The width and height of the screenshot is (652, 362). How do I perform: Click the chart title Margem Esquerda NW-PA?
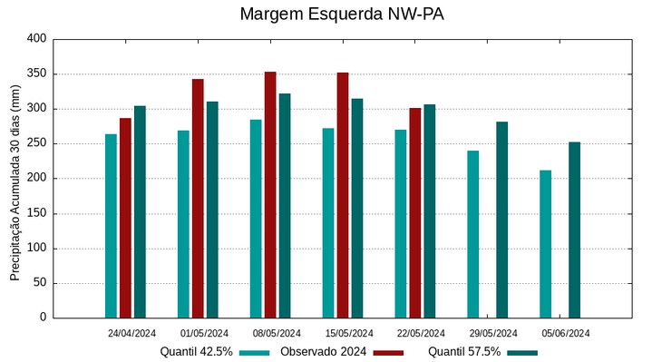pyautogui.click(x=342, y=15)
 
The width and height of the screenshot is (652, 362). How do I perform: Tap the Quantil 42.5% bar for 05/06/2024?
pyautogui.click(x=545, y=244)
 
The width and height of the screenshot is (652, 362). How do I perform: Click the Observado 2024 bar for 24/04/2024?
pyautogui.click(x=125, y=218)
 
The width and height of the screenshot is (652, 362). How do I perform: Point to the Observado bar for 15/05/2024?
pyautogui.click(x=343, y=195)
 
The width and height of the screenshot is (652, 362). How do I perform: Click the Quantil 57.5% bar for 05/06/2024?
pyautogui.click(x=574, y=230)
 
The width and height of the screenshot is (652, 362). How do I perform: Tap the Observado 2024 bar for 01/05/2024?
pyautogui.click(x=198, y=199)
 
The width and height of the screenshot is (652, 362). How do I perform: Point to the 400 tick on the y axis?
pyautogui.click(x=36, y=39)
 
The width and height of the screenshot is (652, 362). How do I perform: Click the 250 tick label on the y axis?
pyautogui.click(x=36, y=143)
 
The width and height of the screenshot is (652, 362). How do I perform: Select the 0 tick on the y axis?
pyautogui.click(x=42, y=318)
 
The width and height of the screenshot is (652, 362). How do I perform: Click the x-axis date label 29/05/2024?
pyautogui.click(x=494, y=333)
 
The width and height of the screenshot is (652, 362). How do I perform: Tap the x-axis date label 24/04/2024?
pyautogui.click(x=132, y=333)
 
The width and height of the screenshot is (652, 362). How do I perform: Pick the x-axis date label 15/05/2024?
pyautogui.click(x=349, y=333)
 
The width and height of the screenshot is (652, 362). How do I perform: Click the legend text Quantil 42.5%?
pyautogui.click(x=197, y=352)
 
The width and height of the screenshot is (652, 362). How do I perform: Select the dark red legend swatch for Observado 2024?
pyautogui.click(x=388, y=352)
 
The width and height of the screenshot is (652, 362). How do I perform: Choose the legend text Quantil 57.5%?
pyautogui.click(x=464, y=352)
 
